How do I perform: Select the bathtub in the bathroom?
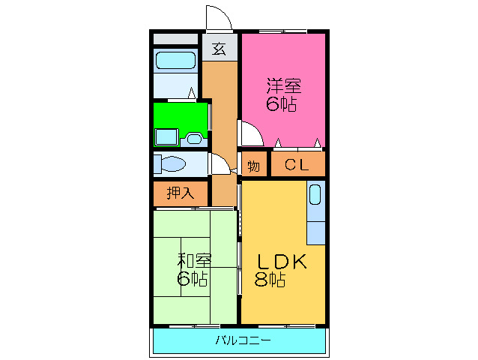tap(175, 61)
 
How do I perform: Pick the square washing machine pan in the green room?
tap(166, 137)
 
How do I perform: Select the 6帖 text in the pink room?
tap(282, 104)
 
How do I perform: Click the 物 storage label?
tap(253, 166)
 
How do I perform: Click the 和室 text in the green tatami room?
tap(193, 261)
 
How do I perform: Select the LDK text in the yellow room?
tap(282, 262)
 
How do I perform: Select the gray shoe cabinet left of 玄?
tap(175, 39)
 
